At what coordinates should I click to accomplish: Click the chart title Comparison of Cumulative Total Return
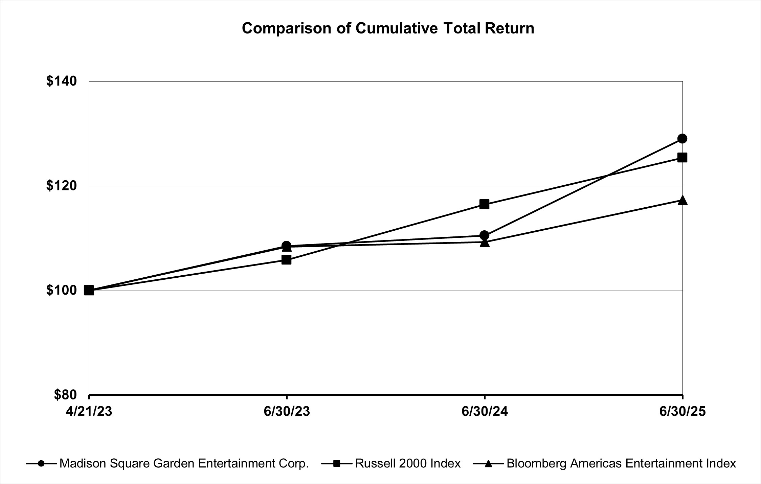point(388,28)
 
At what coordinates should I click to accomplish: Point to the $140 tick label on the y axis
point(62,81)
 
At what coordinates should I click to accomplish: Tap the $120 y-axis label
point(62,186)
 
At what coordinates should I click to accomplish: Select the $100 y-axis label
point(62,290)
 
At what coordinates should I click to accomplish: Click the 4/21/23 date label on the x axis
point(89,412)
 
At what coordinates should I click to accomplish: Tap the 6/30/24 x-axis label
point(485,412)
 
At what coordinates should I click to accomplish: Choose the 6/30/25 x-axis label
point(682,412)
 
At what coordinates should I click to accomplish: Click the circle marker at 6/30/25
point(682,139)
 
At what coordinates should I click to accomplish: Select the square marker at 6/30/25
point(682,158)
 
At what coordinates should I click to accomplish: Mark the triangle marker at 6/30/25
point(682,200)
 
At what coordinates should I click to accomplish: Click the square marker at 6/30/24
point(485,204)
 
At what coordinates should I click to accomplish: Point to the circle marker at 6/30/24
point(485,235)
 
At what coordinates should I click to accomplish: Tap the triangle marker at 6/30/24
point(485,243)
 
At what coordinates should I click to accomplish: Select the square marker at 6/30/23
point(287,260)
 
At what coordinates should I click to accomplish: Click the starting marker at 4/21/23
point(89,290)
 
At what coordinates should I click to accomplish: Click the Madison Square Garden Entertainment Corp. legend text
point(184,463)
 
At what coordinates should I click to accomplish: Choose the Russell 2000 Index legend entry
point(407,463)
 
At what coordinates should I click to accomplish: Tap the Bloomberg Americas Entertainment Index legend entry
point(621,463)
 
